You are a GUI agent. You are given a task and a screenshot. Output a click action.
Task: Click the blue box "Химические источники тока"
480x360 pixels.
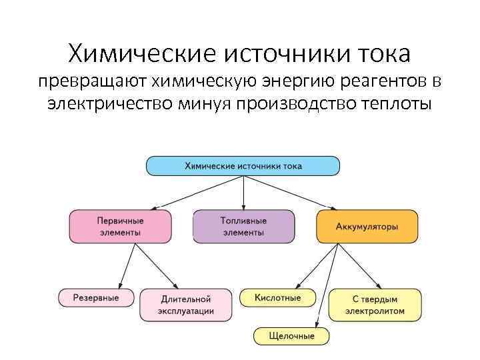pyautogui.click(x=243, y=165)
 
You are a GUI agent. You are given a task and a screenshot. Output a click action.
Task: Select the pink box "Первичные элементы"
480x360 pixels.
pyautogui.click(x=120, y=226)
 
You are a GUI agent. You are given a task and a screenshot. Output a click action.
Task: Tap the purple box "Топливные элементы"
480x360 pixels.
pyautogui.click(x=243, y=226)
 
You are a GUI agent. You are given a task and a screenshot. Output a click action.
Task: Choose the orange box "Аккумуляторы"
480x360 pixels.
pyautogui.click(x=367, y=226)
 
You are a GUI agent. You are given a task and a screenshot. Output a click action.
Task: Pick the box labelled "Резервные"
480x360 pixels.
pyautogui.click(x=97, y=297)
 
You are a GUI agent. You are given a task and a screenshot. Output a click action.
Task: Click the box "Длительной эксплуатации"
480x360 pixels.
pyautogui.click(x=186, y=305)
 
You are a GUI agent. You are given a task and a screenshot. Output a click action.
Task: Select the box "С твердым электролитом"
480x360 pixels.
pyautogui.click(x=375, y=305)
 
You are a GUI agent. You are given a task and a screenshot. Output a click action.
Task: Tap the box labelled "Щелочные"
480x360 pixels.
pyautogui.click(x=292, y=335)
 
